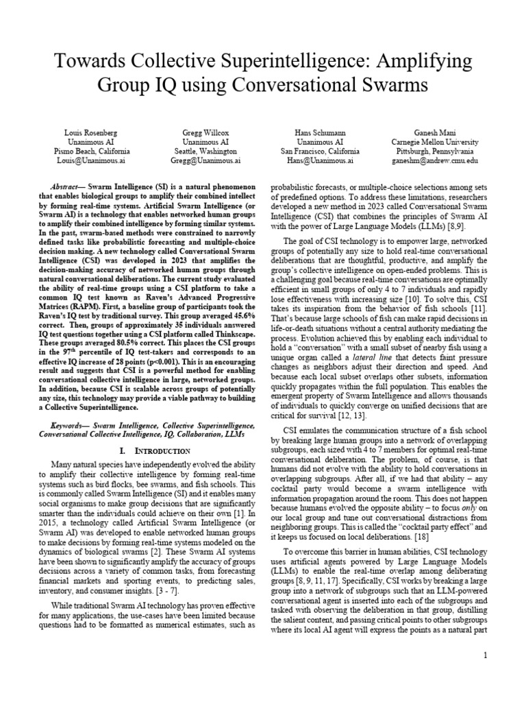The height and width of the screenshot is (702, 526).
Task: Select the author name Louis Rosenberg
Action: (92, 131)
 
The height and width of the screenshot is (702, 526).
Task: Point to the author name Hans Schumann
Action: (320, 131)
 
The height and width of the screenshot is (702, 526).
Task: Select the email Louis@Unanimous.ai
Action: (92, 160)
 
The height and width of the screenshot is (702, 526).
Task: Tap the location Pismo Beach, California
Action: (92, 151)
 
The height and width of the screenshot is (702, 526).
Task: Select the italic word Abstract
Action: (68, 186)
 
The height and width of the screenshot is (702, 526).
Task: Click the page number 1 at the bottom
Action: (485, 655)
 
